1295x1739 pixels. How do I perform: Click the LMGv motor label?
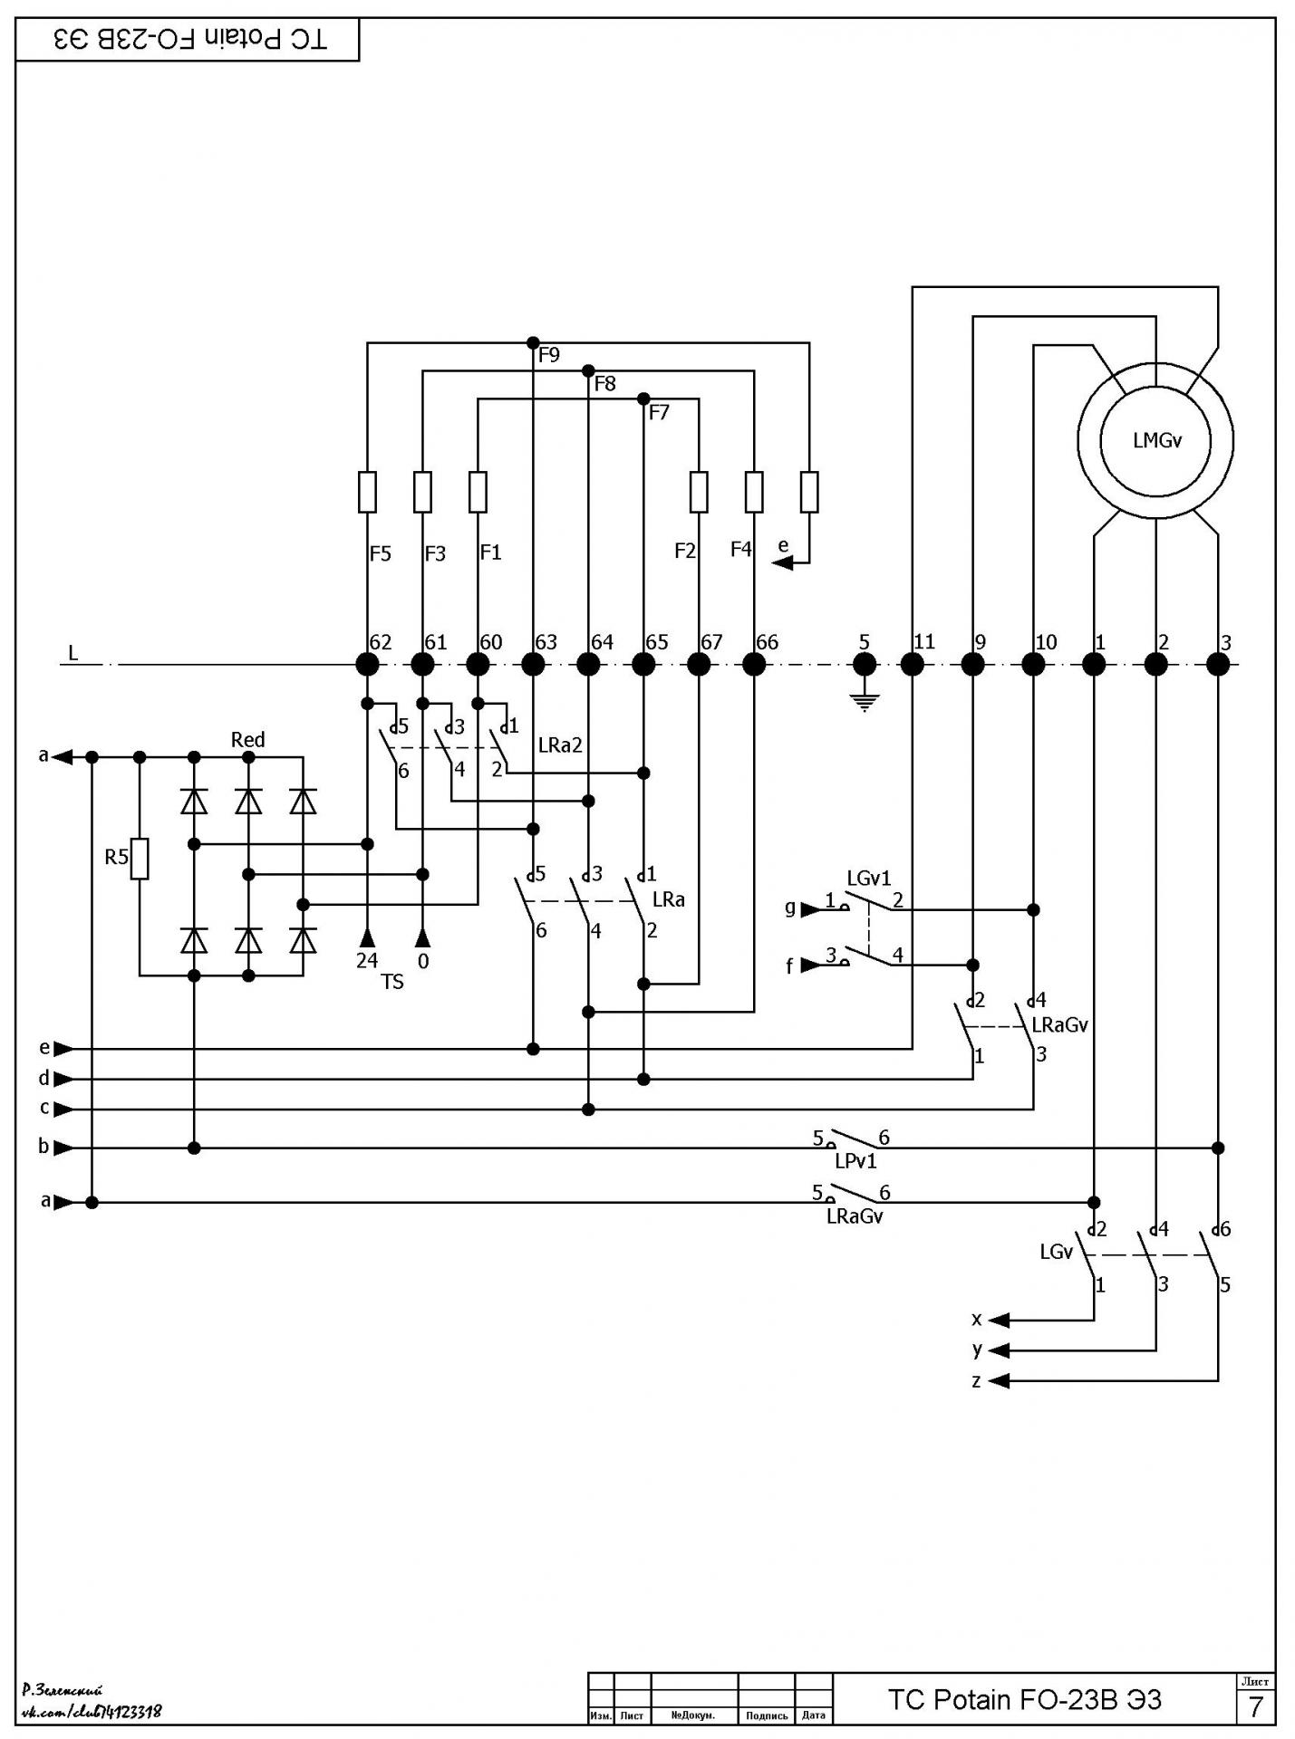(x=1157, y=441)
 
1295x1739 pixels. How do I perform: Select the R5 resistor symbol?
(x=140, y=859)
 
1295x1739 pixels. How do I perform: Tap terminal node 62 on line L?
(x=367, y=665)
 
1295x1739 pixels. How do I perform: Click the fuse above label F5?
(x=367, y=492)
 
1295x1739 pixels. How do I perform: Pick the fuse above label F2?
(x=699, y=492)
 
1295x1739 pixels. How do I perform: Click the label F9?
(x=549, y=355)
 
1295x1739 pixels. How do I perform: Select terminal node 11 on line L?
(x=913, y=665)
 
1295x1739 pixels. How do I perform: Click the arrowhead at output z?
(x=998, y=1381)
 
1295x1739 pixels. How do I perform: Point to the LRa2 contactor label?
(x=560, y=745)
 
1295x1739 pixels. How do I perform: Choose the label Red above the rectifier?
(x=247, y=740)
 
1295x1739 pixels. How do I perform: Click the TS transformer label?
(x=392, y=982)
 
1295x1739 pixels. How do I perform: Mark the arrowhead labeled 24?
(x=367, y=937)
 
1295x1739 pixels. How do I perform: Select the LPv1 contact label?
(x=855, y=1161)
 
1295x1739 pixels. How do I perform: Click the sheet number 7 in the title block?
(x=1255, y=1707)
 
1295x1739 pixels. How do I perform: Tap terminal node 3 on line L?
(x=1218, y=665)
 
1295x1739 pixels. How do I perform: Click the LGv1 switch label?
(x=869, y=878)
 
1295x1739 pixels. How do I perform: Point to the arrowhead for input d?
(x=64, y=1079)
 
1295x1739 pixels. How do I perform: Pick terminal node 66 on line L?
(x=754, y=665)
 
